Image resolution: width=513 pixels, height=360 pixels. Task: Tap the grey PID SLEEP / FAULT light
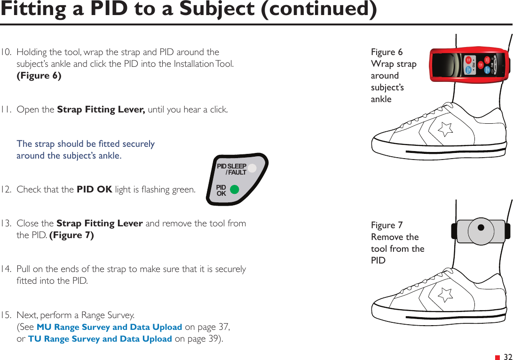point(253,168)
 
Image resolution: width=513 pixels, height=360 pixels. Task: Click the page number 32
point(508,357)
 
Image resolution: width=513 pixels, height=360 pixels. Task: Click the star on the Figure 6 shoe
point(445,128)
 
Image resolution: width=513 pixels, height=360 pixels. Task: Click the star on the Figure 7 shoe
point(445,294)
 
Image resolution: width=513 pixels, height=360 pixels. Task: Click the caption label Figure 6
point(387,52)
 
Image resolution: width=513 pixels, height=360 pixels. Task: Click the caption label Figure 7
point(387,225)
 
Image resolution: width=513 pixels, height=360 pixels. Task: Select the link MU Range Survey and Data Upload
point(109,327)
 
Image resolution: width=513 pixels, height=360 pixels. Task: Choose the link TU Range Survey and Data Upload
point(100,339)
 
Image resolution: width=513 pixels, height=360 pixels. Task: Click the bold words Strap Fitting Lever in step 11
point(101,110)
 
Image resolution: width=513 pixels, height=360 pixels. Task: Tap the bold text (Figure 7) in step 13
point(71,235)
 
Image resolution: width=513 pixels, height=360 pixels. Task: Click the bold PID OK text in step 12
point(94,190)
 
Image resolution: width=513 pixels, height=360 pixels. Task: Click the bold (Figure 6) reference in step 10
point(39,76)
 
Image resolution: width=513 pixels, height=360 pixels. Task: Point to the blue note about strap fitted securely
point(86,150)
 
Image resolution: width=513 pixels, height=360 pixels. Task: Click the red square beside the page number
point(497,358)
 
